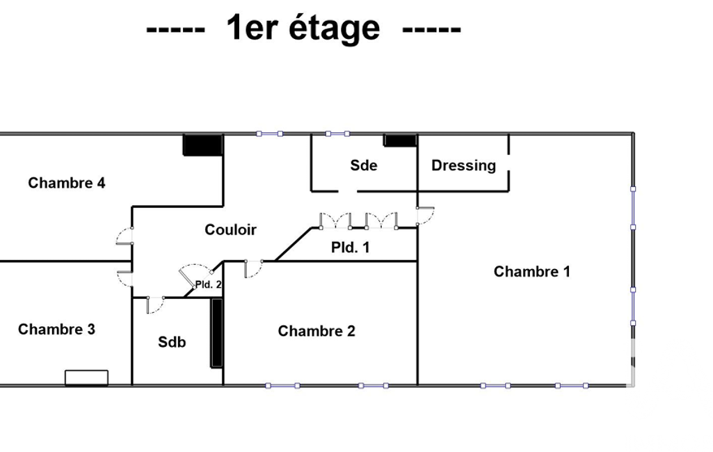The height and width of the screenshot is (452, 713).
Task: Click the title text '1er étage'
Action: [303, 29]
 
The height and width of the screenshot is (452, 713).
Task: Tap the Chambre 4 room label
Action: [66, 183]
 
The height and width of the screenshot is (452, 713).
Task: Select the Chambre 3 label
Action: [57, 329]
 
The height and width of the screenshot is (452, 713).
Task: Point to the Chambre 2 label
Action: [317, 331]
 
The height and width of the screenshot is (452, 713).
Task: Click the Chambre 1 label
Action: [531, 271]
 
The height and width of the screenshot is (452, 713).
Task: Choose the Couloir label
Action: [230, 229]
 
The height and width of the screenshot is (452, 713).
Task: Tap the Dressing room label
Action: [463, 166]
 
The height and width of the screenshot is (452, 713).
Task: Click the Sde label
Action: [364, 165]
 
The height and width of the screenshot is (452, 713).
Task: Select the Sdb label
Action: [172, 342]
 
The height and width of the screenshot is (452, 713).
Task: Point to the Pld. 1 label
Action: [350, 248]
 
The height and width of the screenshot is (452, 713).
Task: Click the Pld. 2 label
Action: [208, 284]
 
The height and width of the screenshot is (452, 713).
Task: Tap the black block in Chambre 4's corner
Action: [203, 145]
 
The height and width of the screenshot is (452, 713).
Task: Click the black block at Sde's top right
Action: [400, 140]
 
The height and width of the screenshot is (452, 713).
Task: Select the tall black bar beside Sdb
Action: [216, 333]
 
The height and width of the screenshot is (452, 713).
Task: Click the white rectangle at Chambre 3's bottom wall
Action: [86, 378]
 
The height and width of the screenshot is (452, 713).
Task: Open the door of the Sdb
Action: [156, 305]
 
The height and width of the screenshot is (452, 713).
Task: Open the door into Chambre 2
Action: [254, 268]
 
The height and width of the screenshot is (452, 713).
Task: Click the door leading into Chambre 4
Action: [124, 236]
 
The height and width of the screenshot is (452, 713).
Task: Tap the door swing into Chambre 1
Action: [426, 216]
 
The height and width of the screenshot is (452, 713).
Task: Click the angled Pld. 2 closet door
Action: [196, 275]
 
